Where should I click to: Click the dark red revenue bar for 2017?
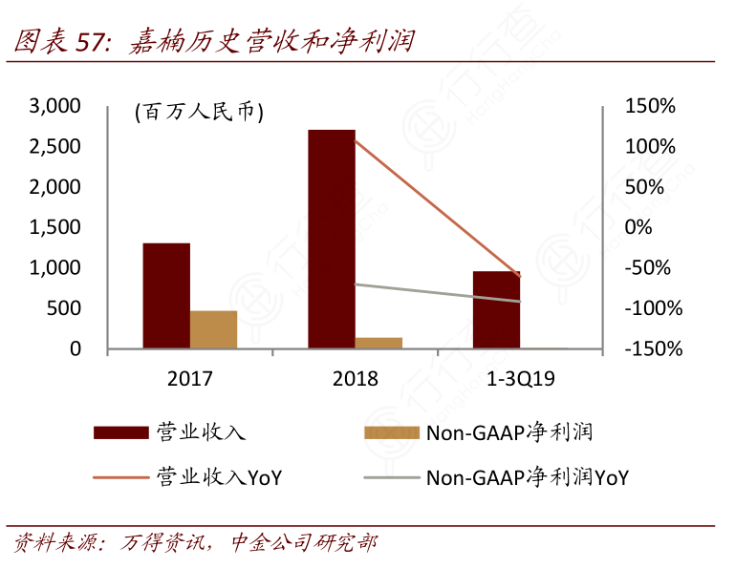coord(166,296)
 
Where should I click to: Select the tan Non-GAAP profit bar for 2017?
coord(213,329)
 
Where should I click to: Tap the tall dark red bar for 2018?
coord(331,239)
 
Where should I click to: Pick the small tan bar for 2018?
coord(378,343)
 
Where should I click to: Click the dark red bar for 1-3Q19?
coord(497,310)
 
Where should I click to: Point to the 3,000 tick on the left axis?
coord(55,107)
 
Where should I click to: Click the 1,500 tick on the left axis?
coord(55,228)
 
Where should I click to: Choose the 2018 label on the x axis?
coord(355,379)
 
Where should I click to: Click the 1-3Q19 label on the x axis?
coord(521,379)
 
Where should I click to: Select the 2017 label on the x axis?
coord(189,379)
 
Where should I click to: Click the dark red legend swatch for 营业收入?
coord(120,432)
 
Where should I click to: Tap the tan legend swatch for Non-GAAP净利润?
coord(392,432)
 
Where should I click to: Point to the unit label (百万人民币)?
coord(198,112)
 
